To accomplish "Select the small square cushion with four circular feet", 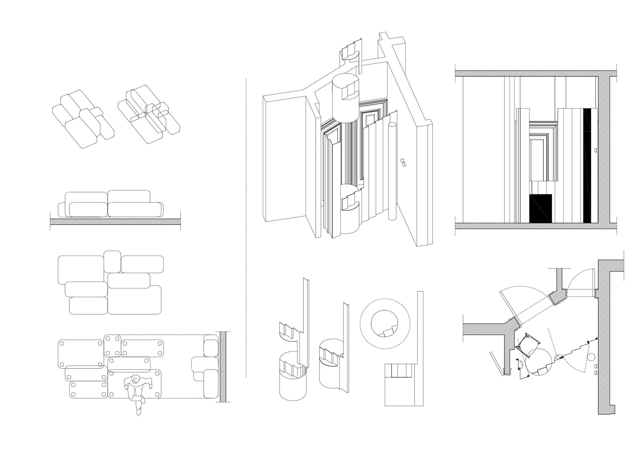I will coord(112,345).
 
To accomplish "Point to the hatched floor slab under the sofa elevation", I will coord(115,222).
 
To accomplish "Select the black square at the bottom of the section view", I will coord(541,208).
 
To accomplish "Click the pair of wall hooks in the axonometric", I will coord(404,162).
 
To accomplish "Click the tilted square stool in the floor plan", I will coord(528,345).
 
